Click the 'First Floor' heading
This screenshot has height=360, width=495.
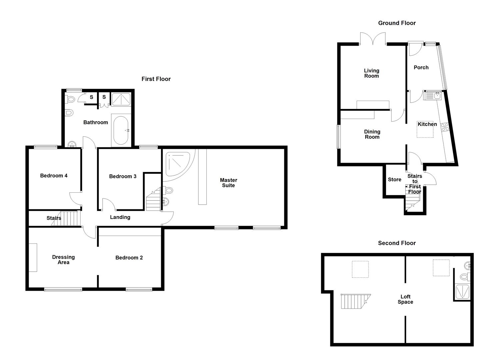click(x=156, y=79)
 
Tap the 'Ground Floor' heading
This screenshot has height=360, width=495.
click(x=397, y=23)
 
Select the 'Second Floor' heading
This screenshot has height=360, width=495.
click(x=397, y=243)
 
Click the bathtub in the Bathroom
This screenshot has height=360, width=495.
click(x=122, y=130)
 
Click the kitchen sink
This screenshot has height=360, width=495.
click(x=432, y=96)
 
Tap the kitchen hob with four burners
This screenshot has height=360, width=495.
click(x=445, y=127)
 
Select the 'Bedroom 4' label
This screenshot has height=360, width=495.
click(x=54, y=176)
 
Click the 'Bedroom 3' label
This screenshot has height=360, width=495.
click(x=123, y=176)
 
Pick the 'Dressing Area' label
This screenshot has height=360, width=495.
click(x=63, y=260)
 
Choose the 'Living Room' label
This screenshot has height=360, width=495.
click(x=371, y=73)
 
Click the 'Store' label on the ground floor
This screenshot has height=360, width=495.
click(x=394, y=180)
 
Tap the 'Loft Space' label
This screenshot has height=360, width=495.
click(x=405, y=299)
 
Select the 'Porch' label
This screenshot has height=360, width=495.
click(x=421, y=68)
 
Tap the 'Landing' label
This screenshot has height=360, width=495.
click(x=120, y=217)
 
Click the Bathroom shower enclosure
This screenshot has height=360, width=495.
click(x=121, y=99)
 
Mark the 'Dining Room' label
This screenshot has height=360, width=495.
click(x=372, y=134)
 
